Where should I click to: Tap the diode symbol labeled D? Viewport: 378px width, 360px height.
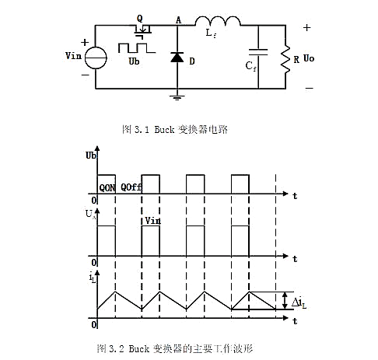[178, 57]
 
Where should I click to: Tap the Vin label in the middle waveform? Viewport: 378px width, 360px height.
[152, 222]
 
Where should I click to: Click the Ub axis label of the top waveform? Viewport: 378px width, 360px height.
[91, 156]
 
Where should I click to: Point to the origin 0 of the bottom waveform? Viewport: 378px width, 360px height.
[93, 323]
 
